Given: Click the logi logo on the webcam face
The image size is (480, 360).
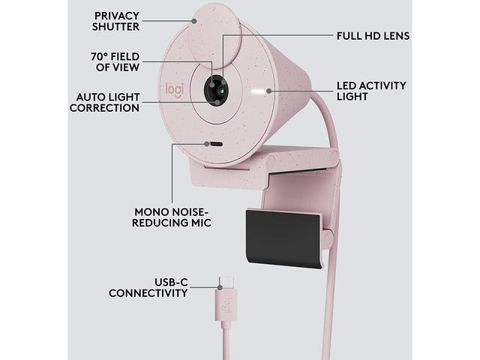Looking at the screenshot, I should click(x=172, y=90).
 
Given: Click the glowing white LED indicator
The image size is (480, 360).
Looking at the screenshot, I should click(x=262, y=91).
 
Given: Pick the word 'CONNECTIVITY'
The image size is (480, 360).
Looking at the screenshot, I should click(x=148, y=293).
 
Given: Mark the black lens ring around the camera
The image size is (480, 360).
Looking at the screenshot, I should click(x=205, y=90).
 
